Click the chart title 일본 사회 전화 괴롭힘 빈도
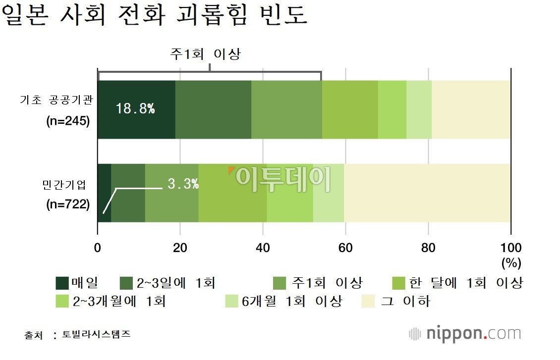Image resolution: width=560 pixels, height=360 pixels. coord(155,15)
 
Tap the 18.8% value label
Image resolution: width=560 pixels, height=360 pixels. coord(135,109)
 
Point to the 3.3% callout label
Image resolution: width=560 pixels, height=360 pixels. coord(183,185)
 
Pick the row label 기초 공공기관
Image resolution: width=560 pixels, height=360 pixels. coord(55,100)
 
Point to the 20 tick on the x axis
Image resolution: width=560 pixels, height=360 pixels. coord(180,248)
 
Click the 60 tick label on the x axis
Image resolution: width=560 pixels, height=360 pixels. coord(345,248)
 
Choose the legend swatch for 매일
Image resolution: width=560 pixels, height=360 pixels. coord(62,283)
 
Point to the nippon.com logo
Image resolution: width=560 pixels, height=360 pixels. coord(464,334)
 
